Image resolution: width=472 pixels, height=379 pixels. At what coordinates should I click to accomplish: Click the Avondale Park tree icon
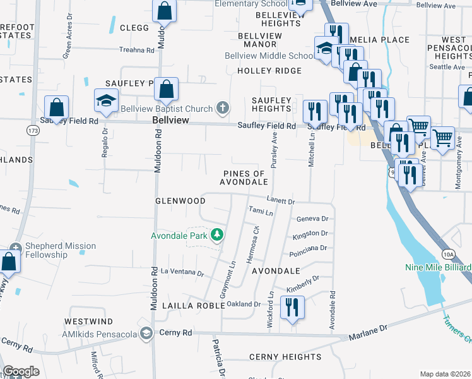tap(218, 236)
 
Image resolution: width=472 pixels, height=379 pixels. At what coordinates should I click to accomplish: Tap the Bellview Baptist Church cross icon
tap(222, 108)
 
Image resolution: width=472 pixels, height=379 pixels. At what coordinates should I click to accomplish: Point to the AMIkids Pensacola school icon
tap(146, 333)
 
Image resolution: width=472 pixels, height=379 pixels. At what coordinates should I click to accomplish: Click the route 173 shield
tap(33, 130)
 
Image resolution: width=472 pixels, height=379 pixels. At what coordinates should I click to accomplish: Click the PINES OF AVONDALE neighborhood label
tap(242, 177)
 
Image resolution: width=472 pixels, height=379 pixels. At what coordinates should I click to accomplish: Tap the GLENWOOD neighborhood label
tap(180, 201)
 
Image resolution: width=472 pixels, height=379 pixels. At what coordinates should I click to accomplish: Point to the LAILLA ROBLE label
tap(194, 305)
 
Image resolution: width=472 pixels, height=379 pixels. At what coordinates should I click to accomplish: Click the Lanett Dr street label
tap(281, 201)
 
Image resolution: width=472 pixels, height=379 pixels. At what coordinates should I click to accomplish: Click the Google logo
tap(21, 371)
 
